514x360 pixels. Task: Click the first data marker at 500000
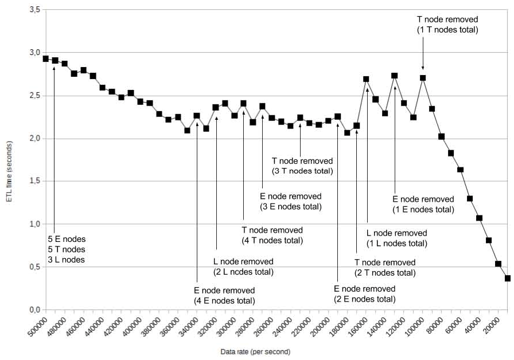coord(46,58)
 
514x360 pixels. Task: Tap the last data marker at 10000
coord(508,279)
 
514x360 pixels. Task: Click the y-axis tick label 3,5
coord(34,10)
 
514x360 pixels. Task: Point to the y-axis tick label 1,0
coord(34,224)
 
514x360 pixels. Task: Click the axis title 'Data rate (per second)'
coord(255,351)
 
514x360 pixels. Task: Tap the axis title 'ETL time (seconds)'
coord(11,161)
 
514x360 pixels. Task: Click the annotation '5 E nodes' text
coord(66,238)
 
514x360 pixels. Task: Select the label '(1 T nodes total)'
coord(447,30)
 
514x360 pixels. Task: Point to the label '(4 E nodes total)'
coord(224,301)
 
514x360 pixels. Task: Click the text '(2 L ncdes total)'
coord(243,272)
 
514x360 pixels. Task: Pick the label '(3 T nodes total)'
coord(302,171)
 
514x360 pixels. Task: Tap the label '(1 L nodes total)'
coord(396,244)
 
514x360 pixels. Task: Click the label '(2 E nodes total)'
coord(364,299)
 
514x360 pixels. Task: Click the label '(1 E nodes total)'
coord(423,210)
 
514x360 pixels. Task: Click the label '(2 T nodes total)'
coord(384,273)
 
